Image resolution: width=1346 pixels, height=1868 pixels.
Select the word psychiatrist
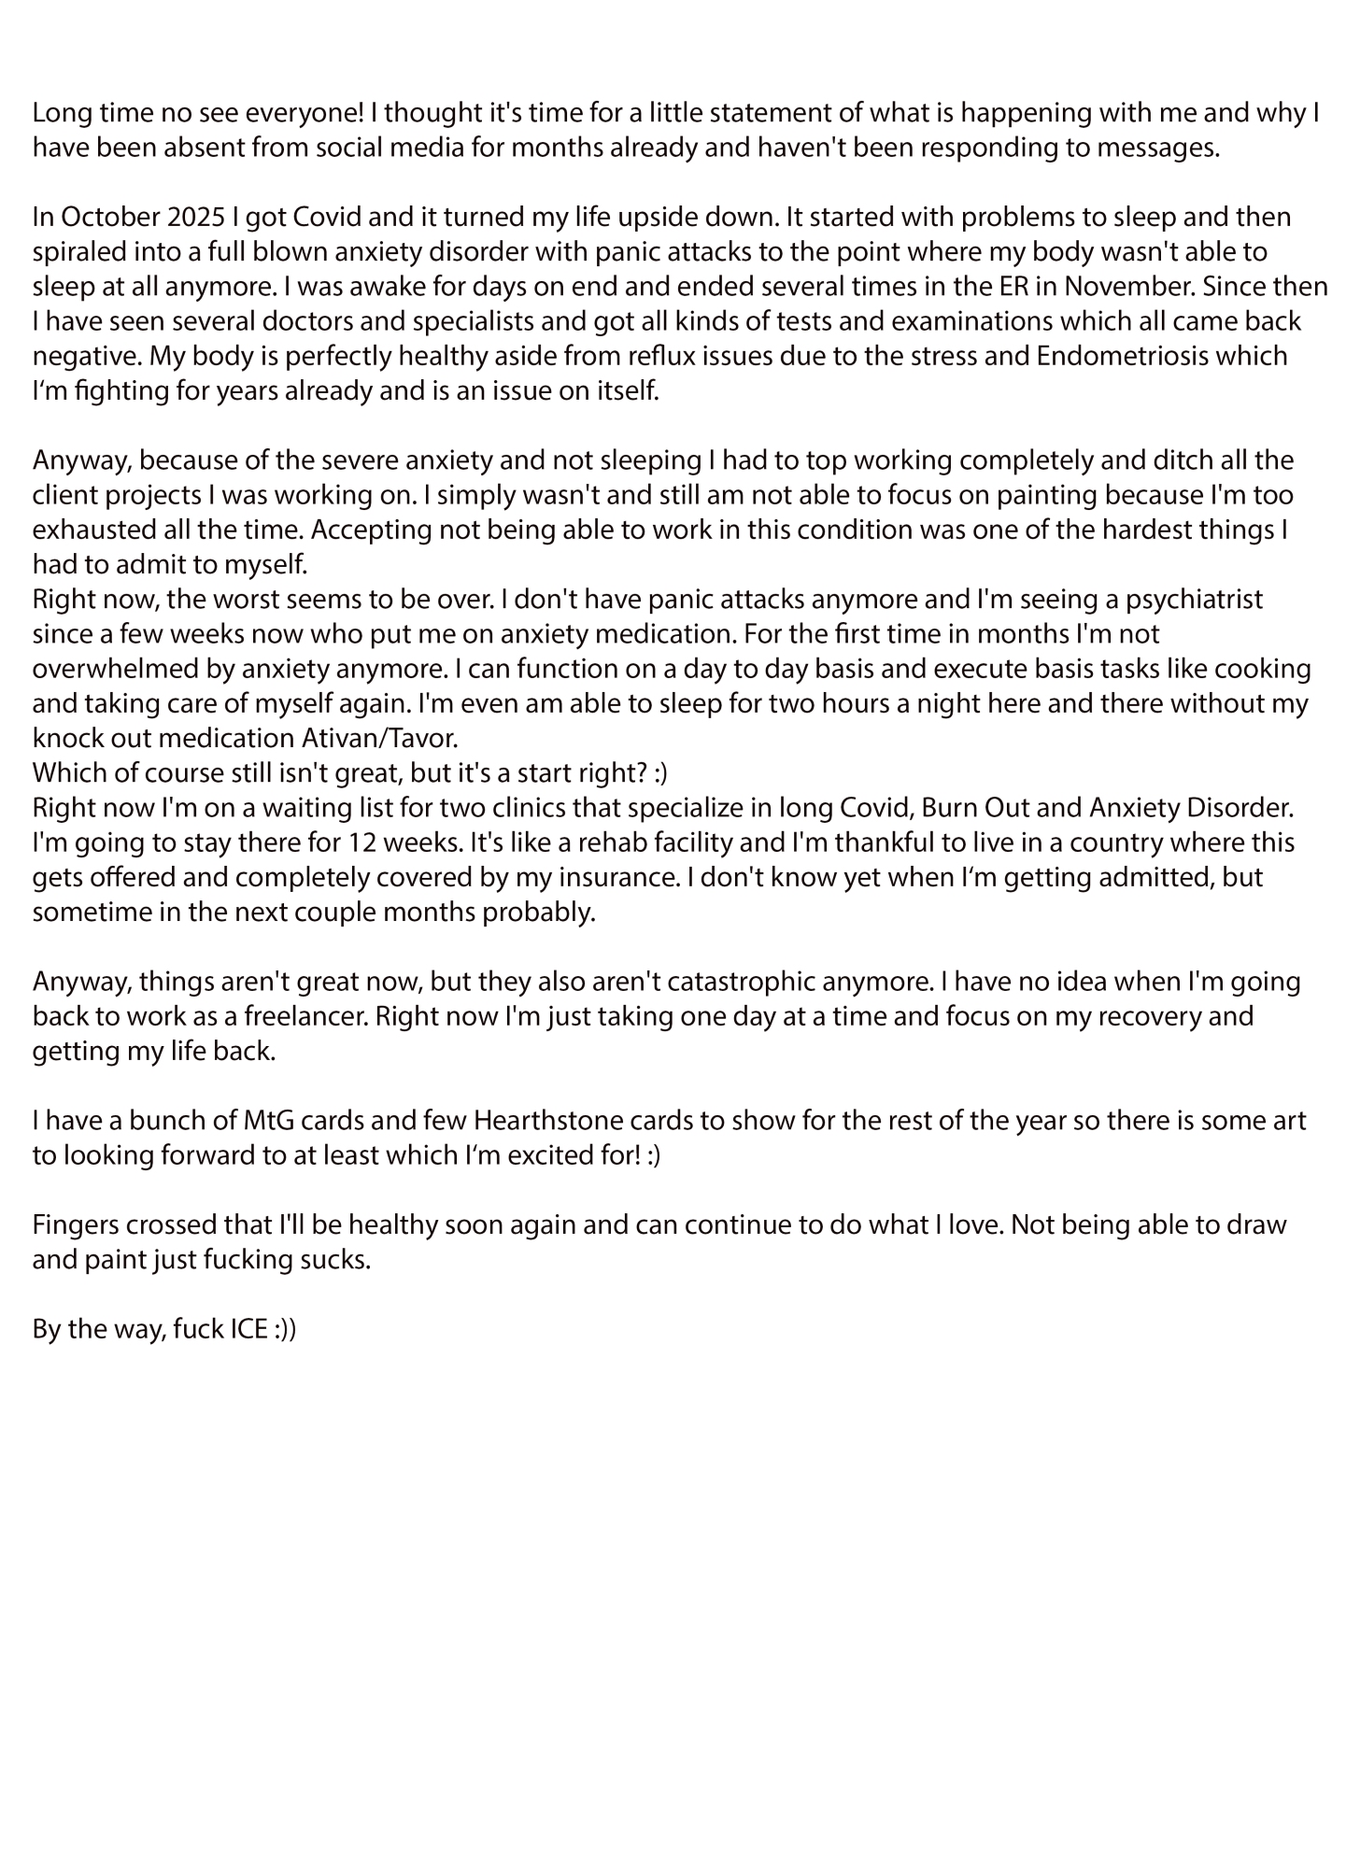pyautogui.click(x=1183, y=599)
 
